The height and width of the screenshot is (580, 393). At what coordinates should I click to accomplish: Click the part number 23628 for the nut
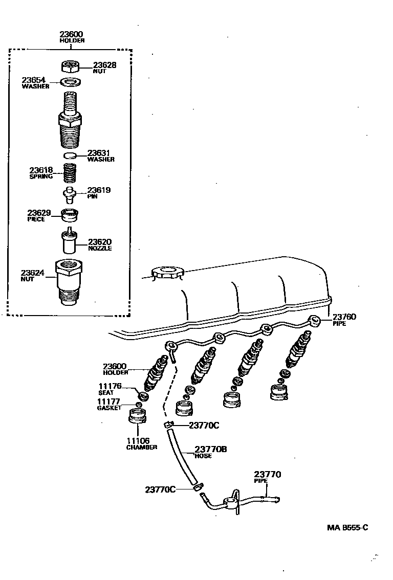point(104,65)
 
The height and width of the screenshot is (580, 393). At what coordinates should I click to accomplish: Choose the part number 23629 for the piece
point(39,213)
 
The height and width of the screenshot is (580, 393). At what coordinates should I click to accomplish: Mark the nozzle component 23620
point(69,241)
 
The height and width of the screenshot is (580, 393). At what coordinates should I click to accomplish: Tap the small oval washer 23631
point(71,155)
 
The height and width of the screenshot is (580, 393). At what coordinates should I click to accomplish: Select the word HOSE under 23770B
point(203,456)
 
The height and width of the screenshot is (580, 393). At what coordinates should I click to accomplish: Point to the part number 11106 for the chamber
point(138,441)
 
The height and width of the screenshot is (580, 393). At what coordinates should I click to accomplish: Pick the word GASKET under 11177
point(109,408)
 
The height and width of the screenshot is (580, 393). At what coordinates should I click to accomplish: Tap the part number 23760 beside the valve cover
point(344,317)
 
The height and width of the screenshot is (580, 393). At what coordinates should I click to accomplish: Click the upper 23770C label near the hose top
point(204,425)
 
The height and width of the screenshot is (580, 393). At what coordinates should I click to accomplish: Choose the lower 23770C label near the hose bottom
point(160,489)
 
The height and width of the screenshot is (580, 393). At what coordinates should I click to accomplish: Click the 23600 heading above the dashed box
point(71,34)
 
